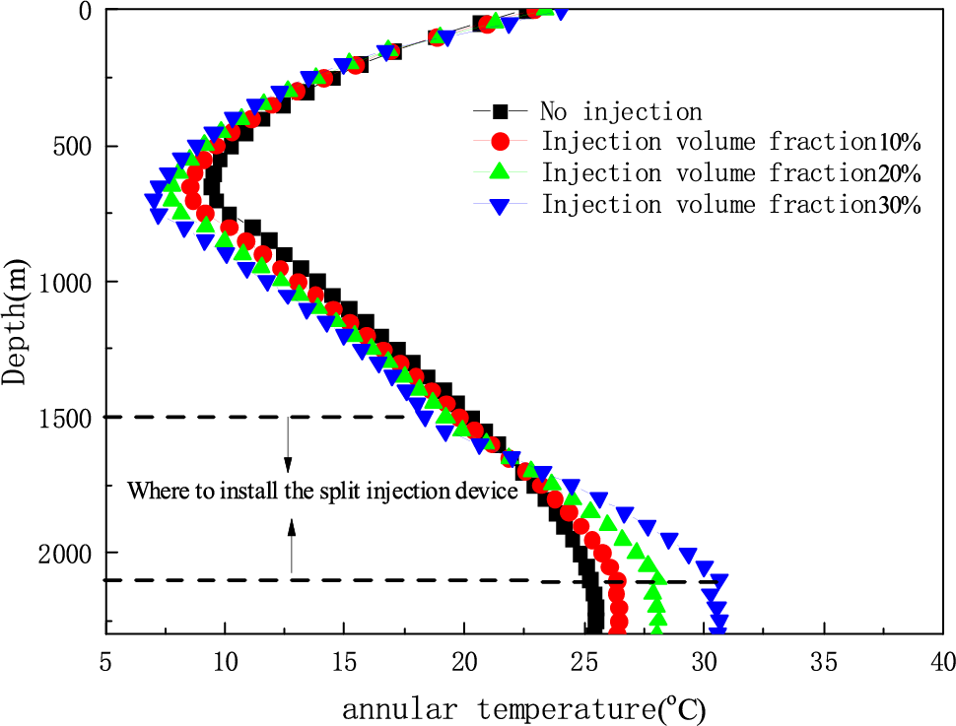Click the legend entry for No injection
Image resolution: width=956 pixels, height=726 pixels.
tap(620, 111)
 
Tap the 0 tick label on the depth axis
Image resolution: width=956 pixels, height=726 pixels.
tap(86, 12)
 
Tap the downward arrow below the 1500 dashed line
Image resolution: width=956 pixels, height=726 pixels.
tap(288, 443)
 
